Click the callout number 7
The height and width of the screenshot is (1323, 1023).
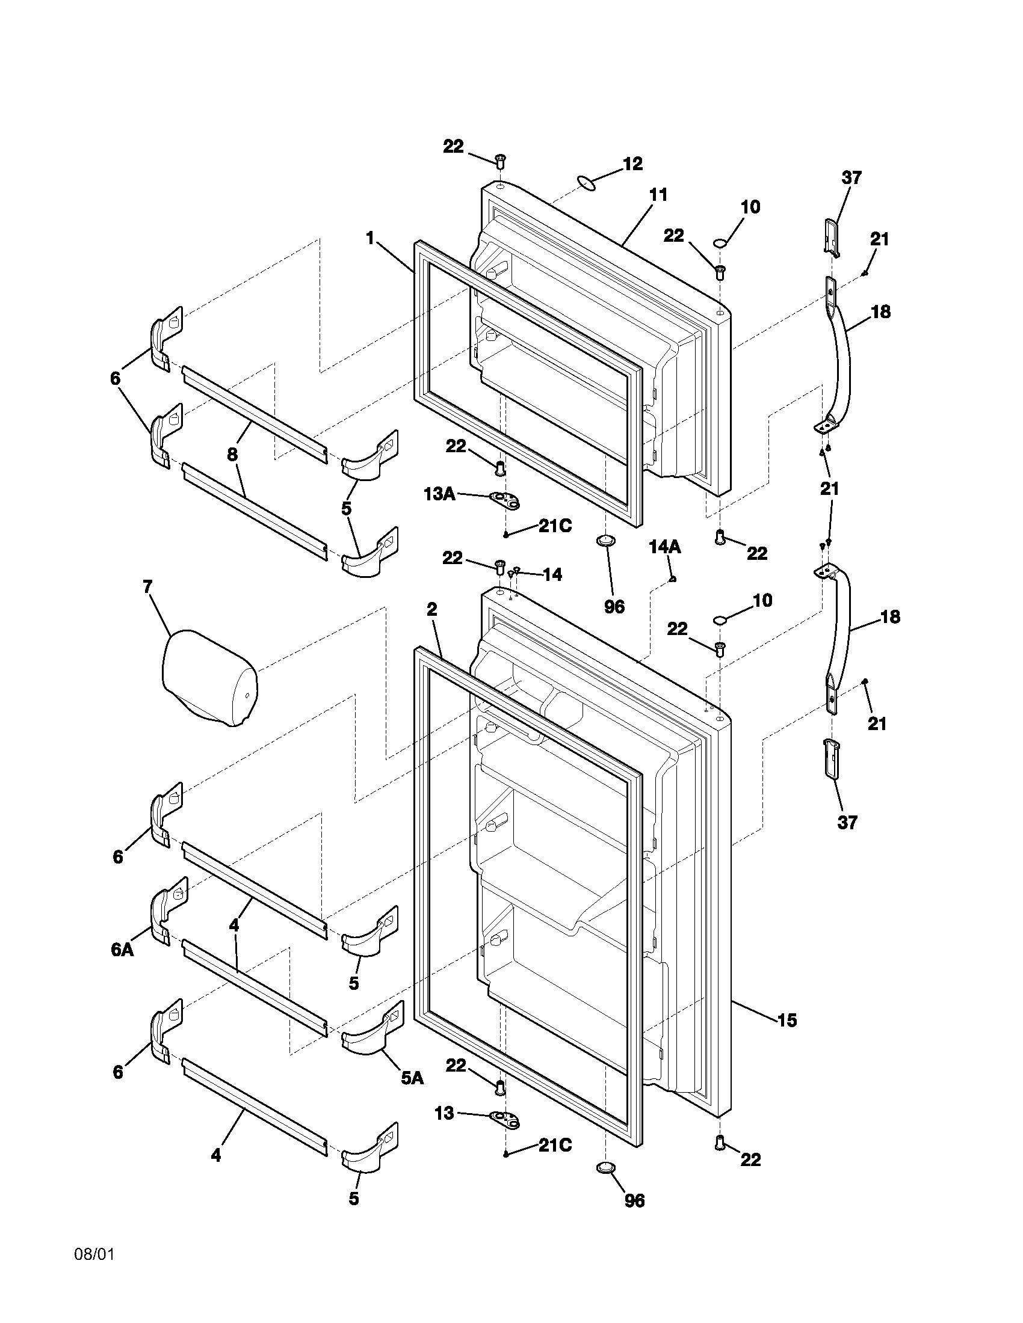[x=148, y=586]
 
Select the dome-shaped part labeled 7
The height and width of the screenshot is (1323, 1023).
[x=209, y=678]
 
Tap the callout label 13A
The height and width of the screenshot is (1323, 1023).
[x=439, y=494]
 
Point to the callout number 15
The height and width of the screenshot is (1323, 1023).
[x=787, y=1020]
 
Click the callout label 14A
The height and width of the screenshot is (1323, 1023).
[x=664, y=548]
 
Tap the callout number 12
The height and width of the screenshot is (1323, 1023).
[x=632, y=164]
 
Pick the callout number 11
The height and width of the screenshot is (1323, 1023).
[x=658, y=195]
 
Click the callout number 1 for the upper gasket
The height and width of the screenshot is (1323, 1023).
[x=369, y=238]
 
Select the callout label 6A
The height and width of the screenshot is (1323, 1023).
[x=122, y=950]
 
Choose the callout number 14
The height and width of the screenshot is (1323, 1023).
[x=552, y=574]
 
